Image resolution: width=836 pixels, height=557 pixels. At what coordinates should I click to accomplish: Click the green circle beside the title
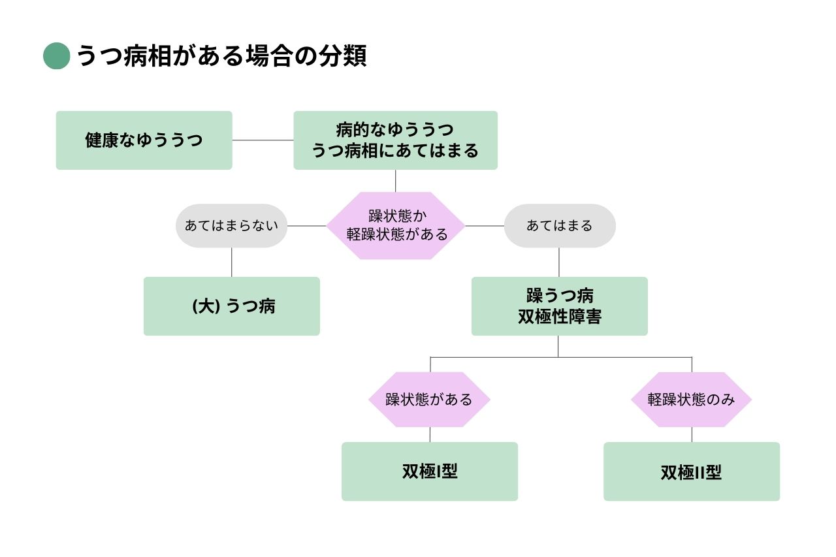(x=56, y=56)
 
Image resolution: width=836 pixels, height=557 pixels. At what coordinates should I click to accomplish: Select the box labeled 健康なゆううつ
(x=144, y=140)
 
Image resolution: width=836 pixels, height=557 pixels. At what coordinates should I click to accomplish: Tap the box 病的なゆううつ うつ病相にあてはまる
(x=395, y=140)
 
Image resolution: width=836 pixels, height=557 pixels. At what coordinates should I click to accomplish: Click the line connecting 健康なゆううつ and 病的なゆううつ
(x=263, y=140)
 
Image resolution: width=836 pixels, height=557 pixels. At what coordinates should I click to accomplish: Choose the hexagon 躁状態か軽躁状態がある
(x=396, y=226)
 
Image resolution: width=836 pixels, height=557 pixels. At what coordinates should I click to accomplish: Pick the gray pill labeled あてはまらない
(x=231, y=226)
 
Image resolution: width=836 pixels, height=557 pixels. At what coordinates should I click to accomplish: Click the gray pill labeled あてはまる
(x=559, y=226)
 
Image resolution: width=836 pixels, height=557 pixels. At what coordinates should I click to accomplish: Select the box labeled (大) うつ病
(x=231, y=306)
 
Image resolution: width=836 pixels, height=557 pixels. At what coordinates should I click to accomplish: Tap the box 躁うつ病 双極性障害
(x=559, y=306)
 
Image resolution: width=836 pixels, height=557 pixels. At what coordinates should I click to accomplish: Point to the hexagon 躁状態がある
(x=429, y=400)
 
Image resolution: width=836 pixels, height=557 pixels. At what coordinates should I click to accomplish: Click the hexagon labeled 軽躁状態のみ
(x=691, y=400)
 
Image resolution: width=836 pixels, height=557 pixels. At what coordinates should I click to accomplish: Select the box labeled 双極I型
(x=429, y=471)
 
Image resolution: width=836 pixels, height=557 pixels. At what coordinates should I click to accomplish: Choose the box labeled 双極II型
(x=691, y=471)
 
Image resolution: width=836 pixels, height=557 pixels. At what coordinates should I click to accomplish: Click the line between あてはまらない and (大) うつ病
(x=232, y=262)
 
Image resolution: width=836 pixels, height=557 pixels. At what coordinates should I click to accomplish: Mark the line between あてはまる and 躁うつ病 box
(x=559, y=262)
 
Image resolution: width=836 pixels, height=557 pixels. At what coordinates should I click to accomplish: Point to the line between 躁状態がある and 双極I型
(x=430, y=435)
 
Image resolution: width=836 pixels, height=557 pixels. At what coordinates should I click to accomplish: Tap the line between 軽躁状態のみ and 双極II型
(x=692, y=435)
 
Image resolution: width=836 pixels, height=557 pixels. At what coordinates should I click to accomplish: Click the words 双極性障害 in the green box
(x=559, y=317)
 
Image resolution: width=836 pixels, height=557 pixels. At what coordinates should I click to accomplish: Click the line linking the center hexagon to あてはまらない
(x=307, y=226)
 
